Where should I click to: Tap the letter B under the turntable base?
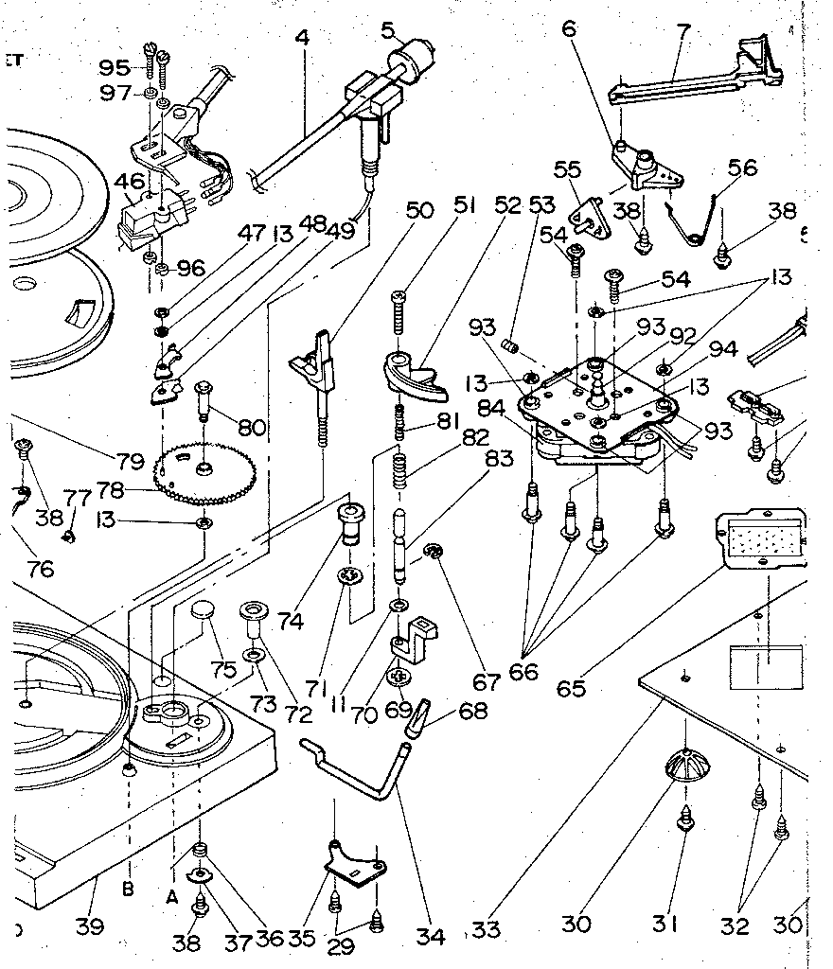[128, 889]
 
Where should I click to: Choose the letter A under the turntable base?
[172, 892]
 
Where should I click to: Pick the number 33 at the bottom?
[486, 929]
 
